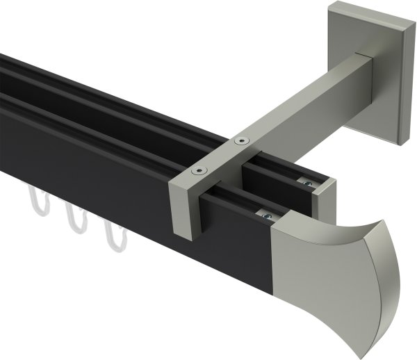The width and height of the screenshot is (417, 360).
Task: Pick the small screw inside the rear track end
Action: [306, 182]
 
